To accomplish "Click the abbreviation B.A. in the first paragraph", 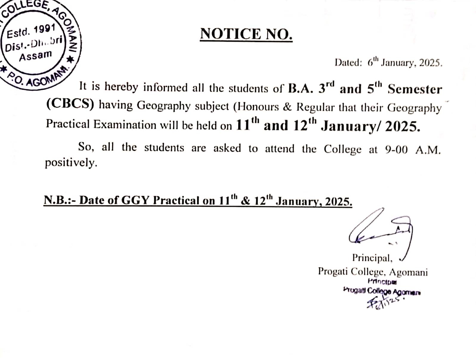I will [x=301, y=89].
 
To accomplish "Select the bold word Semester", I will [x=415, y=89].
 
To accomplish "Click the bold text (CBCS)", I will [x=70, y=105].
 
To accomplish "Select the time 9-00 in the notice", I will [x=396, y=150].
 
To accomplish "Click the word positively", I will [x=71, y=163].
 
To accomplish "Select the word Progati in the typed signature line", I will [x=333, y=271].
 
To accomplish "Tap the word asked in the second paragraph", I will [x=227, y=148].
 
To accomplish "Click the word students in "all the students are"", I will [x=164, y=148].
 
